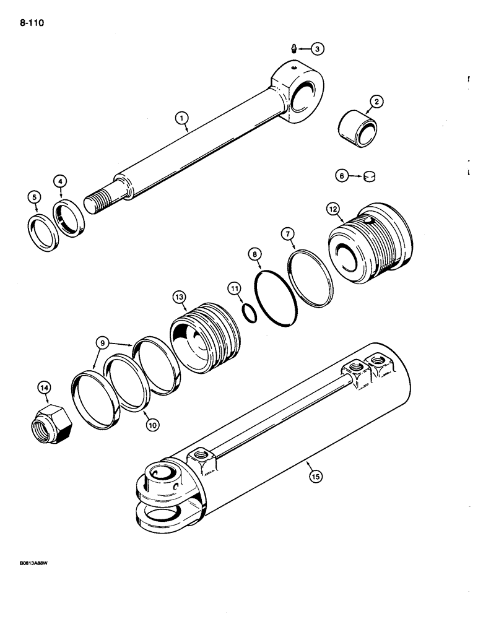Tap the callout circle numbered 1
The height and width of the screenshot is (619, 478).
point(181,116)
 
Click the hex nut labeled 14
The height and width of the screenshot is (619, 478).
point(51,426)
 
